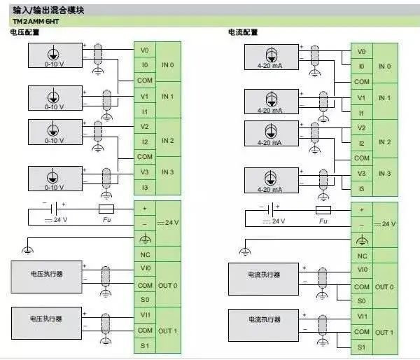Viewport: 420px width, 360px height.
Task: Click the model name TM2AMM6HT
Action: (x=36, y=22)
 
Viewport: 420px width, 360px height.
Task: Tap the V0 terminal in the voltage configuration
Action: (x=145, y=50)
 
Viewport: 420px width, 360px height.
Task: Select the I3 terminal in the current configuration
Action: (x=362, y=188)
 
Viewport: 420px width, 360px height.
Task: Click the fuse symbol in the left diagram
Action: (x=106, y=209)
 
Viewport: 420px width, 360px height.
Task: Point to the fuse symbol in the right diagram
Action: (x=323, y=210)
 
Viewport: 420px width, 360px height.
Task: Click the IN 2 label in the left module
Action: (x=168, y=141)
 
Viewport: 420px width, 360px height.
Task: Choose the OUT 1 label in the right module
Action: (x=384, y=333)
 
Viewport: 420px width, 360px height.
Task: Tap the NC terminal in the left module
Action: (x=145, y=254)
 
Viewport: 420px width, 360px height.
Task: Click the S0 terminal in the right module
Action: (x=362, y=300)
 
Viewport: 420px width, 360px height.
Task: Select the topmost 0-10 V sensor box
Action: (x=55, y=55)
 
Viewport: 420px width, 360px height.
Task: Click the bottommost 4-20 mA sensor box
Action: (x=272, y=180)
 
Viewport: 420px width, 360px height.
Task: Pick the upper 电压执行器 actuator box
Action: (x=46, y=277)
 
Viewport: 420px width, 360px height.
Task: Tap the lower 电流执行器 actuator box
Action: (x=263, y=325)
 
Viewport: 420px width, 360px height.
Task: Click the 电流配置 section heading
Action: (x=243, y=32)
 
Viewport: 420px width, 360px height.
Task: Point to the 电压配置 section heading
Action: (x=25, y=32)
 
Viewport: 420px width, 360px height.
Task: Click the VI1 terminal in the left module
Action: (x=145, y=315)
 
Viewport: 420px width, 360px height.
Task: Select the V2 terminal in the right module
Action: (x=362, y=127)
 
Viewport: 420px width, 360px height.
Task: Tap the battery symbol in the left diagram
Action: (x=55, y=209)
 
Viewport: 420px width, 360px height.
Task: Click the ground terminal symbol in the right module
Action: (x=362, y=240)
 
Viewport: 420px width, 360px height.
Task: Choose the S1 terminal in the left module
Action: (x=145, y=345)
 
